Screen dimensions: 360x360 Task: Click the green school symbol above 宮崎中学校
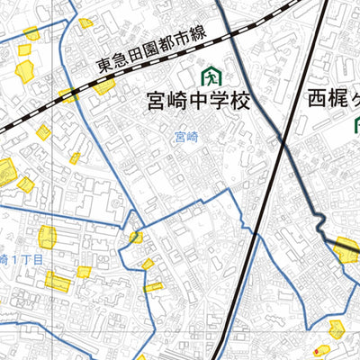[212, 73]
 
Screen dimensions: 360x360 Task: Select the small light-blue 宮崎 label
[185, 138]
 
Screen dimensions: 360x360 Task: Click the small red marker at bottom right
[316, 350]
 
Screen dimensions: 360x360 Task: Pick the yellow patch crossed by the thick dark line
[346, 248]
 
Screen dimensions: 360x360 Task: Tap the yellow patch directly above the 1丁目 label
[48, 237]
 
